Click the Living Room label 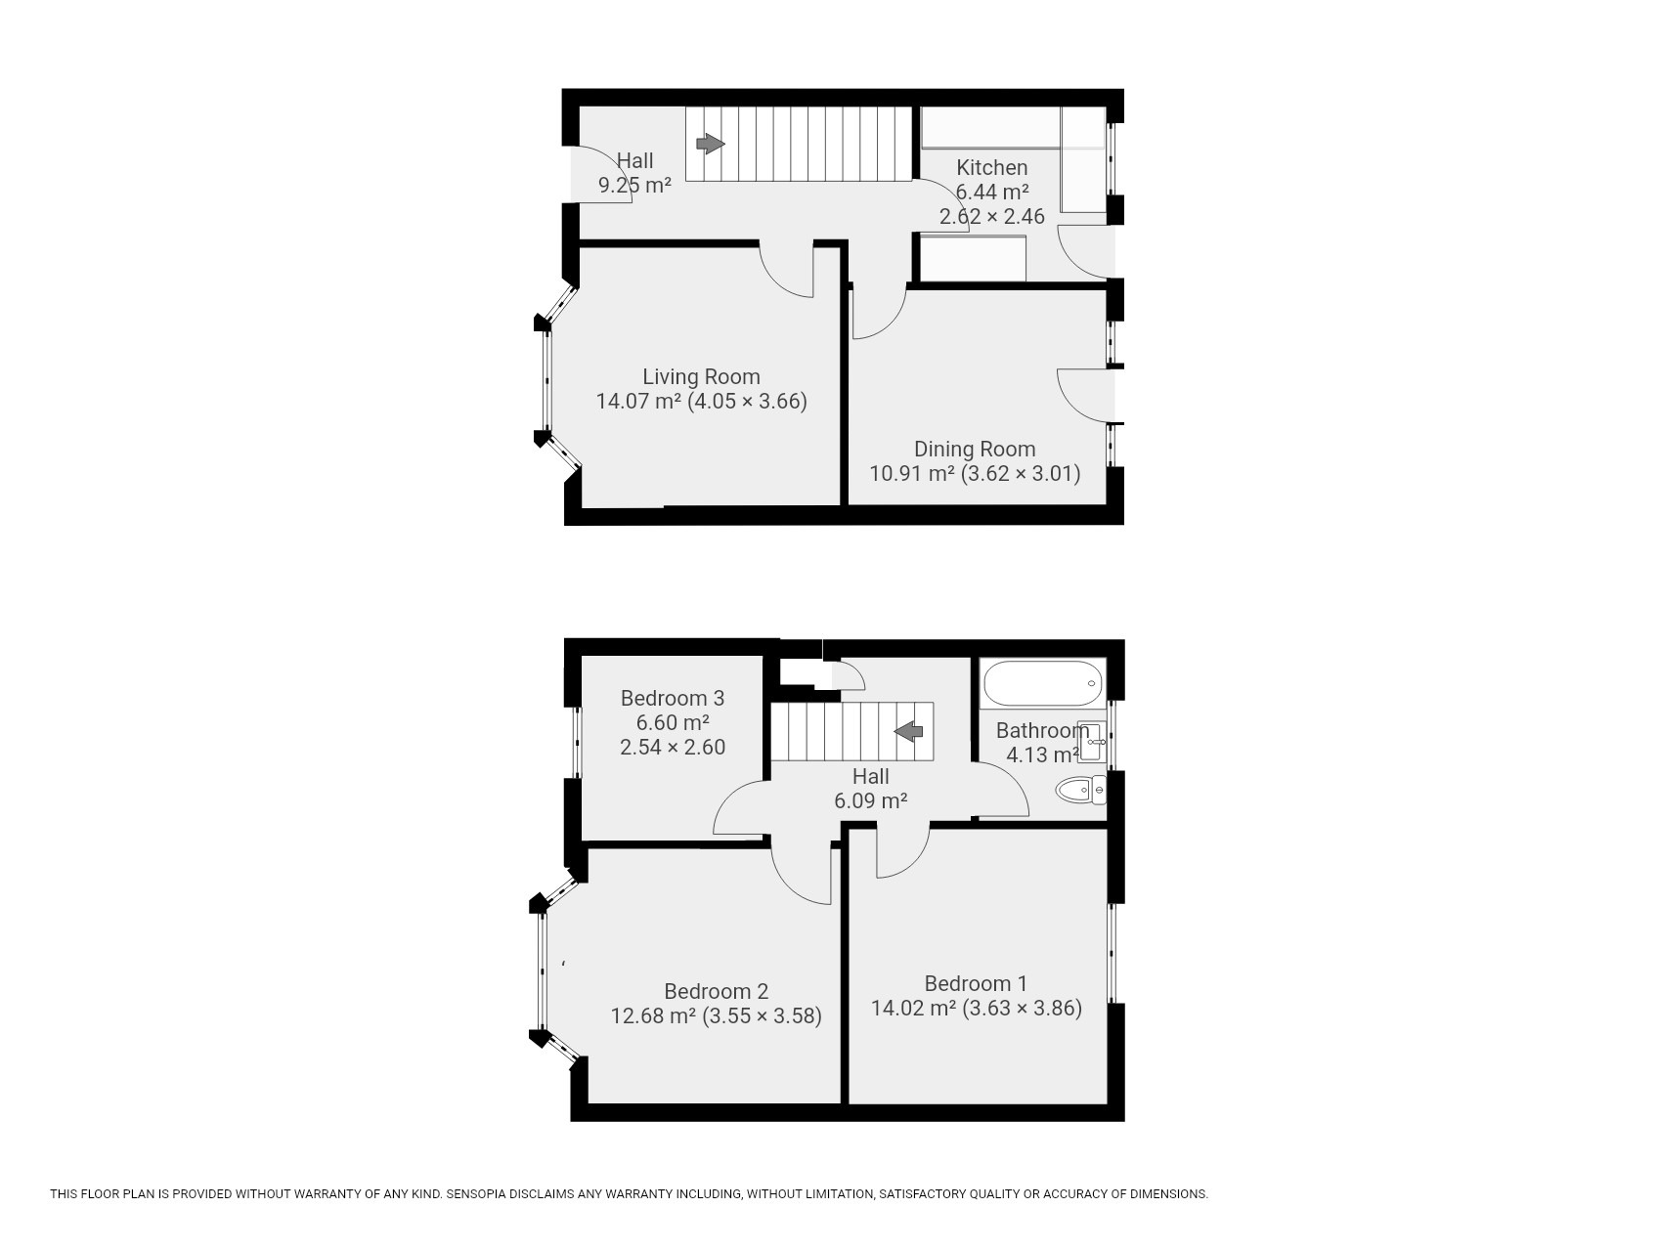pos(701,376)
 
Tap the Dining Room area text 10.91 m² pos(911,474)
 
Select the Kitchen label pos(991,167)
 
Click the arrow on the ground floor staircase pos(711,145)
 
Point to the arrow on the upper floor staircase pos(909,731)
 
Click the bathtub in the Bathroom pos(1041,683)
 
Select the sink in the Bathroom pos(1090,741)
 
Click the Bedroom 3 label pos(672,698)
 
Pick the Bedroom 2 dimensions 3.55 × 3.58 pos(762,1016)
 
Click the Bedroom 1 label pos(976,983)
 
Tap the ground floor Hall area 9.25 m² pos(634,185)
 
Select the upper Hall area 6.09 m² pos(870,800)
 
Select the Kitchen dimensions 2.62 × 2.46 pos(991,217)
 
